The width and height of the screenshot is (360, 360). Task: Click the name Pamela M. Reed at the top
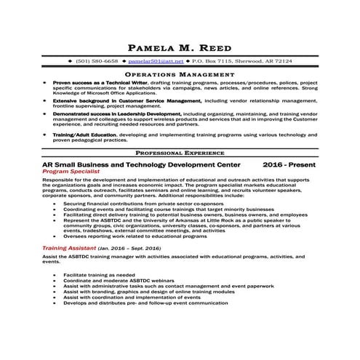pyautogui.click(x=180, y=49)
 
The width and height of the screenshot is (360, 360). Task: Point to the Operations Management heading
pyautogui.click(x=180, y=74)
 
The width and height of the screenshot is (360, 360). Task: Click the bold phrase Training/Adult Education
pyautogui.click(x=87, y=136)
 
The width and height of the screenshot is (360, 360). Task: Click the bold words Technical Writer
pyautogui.click(x=121, y=84)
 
